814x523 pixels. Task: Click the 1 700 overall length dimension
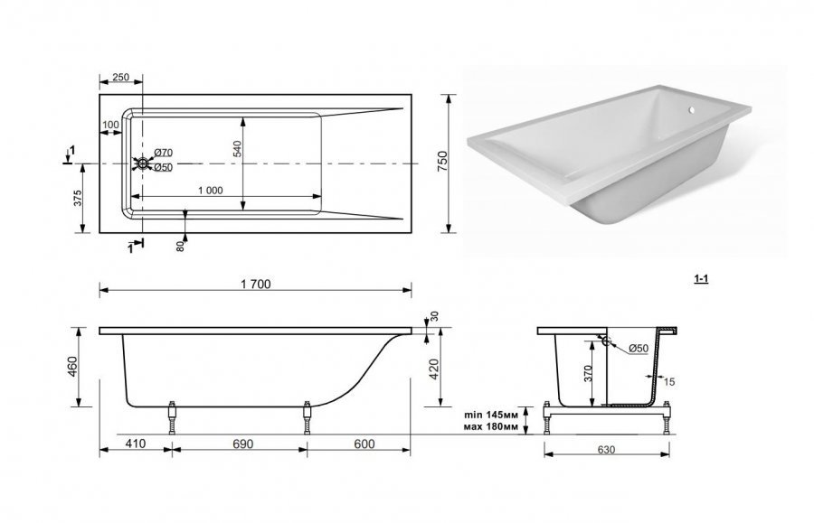pyautogui.click(x=256, y=284)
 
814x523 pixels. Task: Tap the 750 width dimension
pyautogui.click(x=442, y=162)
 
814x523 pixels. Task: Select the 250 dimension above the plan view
pyautogui.click(x=120, y=78)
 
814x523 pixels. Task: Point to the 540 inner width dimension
pyautogui.click(x=237, y=149)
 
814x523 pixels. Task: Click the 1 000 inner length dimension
pyautogui.click(x=211, y=191)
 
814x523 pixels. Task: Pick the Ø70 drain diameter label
pyautogui.click(x=163, y=153)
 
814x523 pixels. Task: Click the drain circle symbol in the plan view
pyautogui.click(x=141, y=163)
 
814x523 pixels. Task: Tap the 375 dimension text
pyautogui.click(x=78, y=199)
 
